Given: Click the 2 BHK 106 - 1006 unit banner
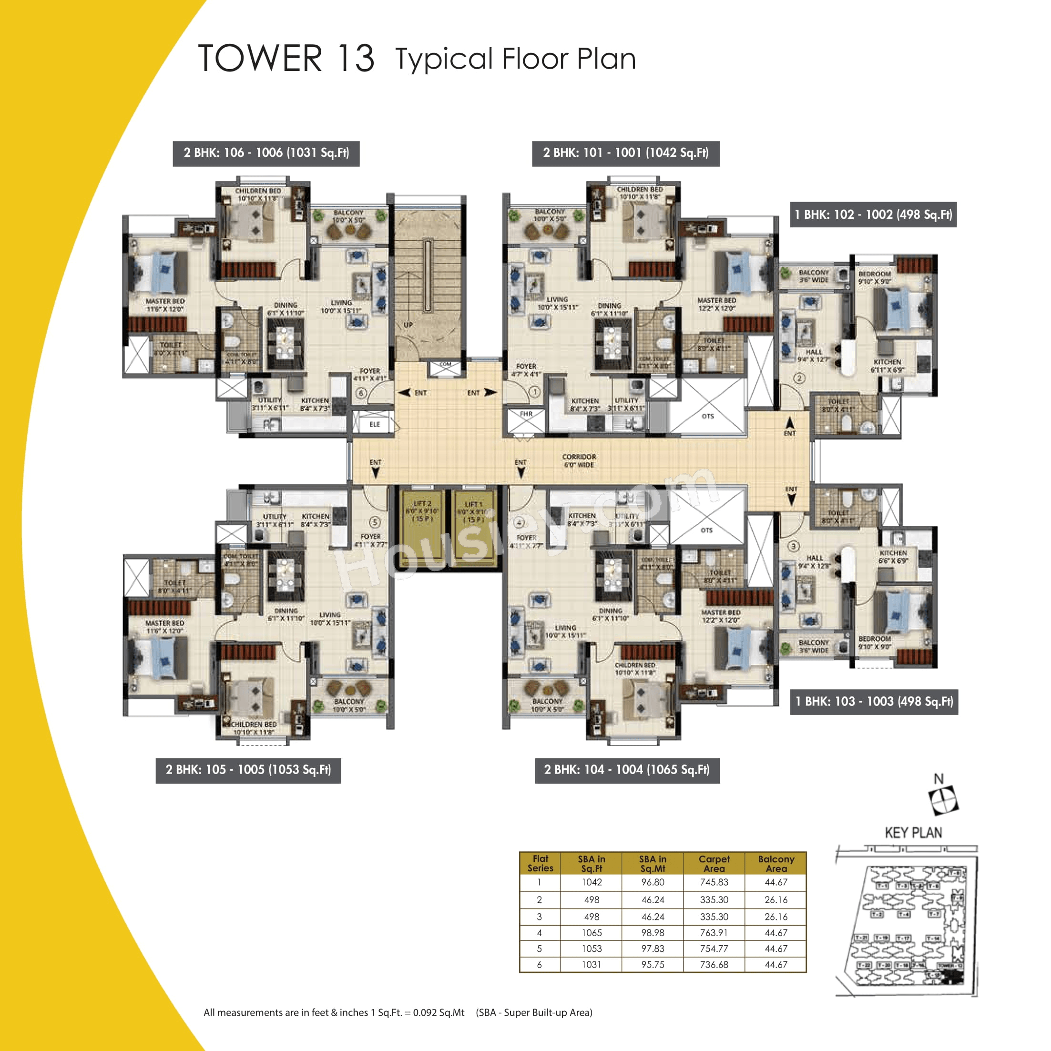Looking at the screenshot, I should pyautogui.click(x=266, y=153).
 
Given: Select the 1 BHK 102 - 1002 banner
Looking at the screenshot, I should pyautogui.click(x=873, y=214).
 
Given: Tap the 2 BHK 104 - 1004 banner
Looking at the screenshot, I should pyautogui.click(x=627, y=770).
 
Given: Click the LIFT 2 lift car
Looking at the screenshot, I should pyautogui.click(x=422, y=528).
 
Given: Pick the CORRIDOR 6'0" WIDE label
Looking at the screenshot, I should pyautogui.click(x=579, y=461).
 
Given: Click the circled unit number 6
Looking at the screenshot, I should pyautogui.click(x=361, y=393).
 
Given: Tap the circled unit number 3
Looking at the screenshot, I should pyautogui.click(x=794, y=546).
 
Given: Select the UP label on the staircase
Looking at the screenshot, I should pyautogui.click(x=408, y=325).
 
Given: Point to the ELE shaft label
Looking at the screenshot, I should pyautogui.click(x=374, y=424).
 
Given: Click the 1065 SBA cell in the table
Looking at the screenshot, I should pyautogui.click(x=592, y=932).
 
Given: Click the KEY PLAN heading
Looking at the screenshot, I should pyautogui.click(x=913, y=833).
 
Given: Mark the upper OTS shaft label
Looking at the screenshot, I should pyautogui.click(x=707, y=416).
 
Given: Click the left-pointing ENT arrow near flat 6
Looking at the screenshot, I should pyautogui.click(x=404, y=392).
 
